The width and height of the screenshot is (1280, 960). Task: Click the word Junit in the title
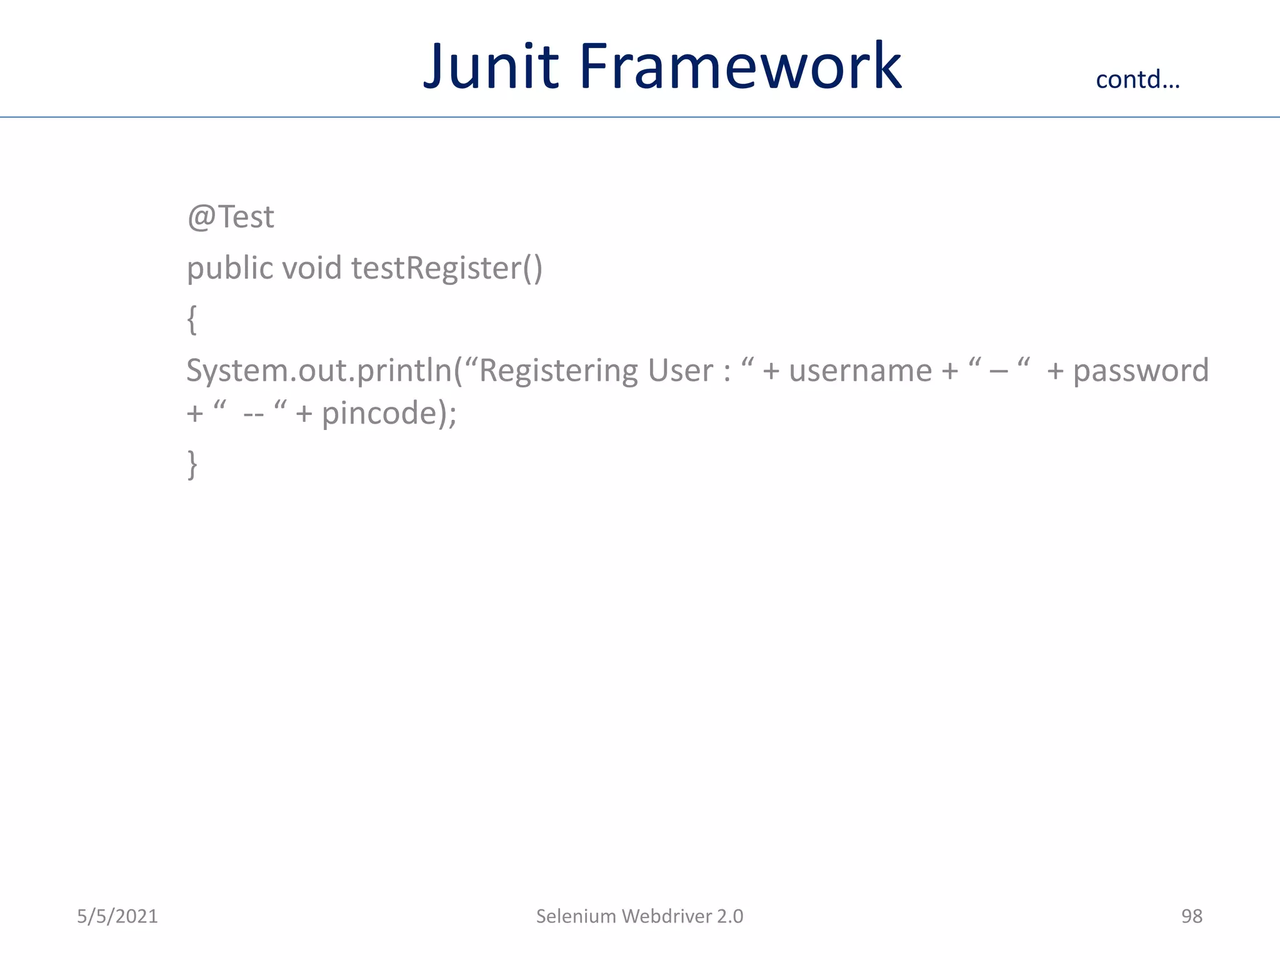(x=491, y=66)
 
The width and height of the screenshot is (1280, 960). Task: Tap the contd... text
(x=1137, y=79)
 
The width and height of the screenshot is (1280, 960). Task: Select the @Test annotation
(x=230, y=217)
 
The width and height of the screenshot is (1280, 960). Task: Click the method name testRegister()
(x=446, y=269)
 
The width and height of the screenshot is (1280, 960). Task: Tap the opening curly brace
(x=192, y=319)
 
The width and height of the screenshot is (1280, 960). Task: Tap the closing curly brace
(x=192, y=464)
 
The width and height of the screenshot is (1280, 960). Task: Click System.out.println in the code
(x=319, y=371)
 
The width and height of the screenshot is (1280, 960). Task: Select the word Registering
(x=558, y=371)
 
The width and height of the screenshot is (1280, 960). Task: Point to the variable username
(x=860, y=371)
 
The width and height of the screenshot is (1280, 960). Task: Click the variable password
(x=1141, y=371)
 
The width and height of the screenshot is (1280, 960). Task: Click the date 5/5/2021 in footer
(x=117, y=916)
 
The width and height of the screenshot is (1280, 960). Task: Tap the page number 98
(x=1191, y=916)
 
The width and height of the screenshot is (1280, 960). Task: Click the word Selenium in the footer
(x=576, y=916)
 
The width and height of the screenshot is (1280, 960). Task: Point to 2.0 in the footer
(x=730, y=916)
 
